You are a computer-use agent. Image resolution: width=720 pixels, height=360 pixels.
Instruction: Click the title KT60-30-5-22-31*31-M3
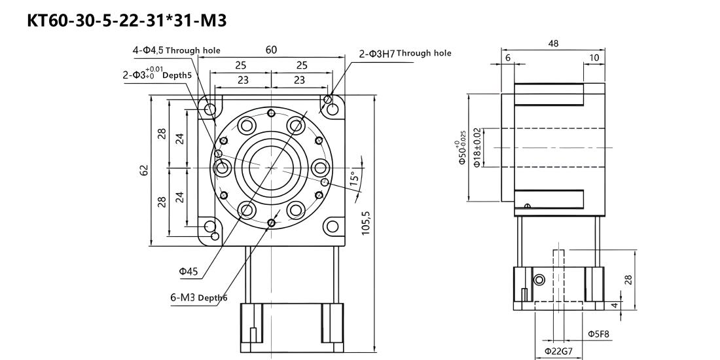point(127,20)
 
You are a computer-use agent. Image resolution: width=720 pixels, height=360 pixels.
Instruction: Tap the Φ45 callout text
point(189,272)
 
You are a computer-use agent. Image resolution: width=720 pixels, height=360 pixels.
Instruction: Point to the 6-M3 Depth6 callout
point(199,298)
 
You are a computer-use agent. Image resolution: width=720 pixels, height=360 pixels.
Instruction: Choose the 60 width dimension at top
point(272,50)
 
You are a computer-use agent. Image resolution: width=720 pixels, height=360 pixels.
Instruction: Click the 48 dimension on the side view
point(553,44)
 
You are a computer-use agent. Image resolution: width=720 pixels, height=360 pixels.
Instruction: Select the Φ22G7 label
point(557,351)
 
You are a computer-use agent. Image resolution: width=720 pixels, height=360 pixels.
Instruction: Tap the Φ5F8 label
point(598,334)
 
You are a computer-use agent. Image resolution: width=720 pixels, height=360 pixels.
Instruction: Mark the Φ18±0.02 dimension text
point(477,147)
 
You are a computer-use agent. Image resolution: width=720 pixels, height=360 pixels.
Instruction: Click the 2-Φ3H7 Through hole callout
point(405,54)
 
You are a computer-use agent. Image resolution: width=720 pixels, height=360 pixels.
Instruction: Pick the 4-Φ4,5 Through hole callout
point(176,50)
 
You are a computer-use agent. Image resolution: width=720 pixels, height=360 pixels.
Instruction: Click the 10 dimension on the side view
point(594,58)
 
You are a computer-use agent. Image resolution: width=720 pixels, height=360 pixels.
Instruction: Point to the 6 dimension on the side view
point(507,58)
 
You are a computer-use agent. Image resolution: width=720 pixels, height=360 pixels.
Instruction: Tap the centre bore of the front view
point(272,168)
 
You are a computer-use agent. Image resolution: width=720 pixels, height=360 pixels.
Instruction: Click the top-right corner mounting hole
point(332,109)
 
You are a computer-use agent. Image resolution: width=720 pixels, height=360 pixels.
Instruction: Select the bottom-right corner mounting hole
point(332,225)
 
